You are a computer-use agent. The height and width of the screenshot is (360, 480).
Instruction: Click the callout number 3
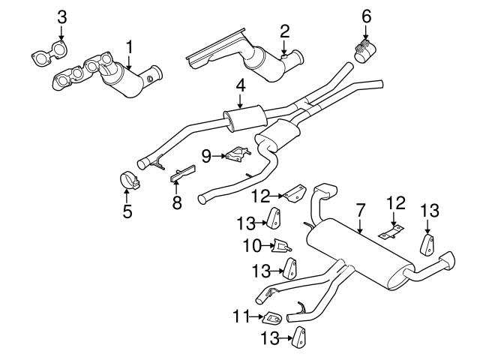coord(62,16)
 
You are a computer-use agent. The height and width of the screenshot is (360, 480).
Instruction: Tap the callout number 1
coord(130,46)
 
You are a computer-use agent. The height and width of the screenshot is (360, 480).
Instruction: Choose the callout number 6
coord(366,15)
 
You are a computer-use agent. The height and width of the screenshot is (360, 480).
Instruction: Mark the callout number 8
coord(177,202)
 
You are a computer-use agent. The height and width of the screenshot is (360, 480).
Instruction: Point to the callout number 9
coord(206,156)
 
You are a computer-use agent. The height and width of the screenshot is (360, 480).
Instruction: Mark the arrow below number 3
coord(62,34)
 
